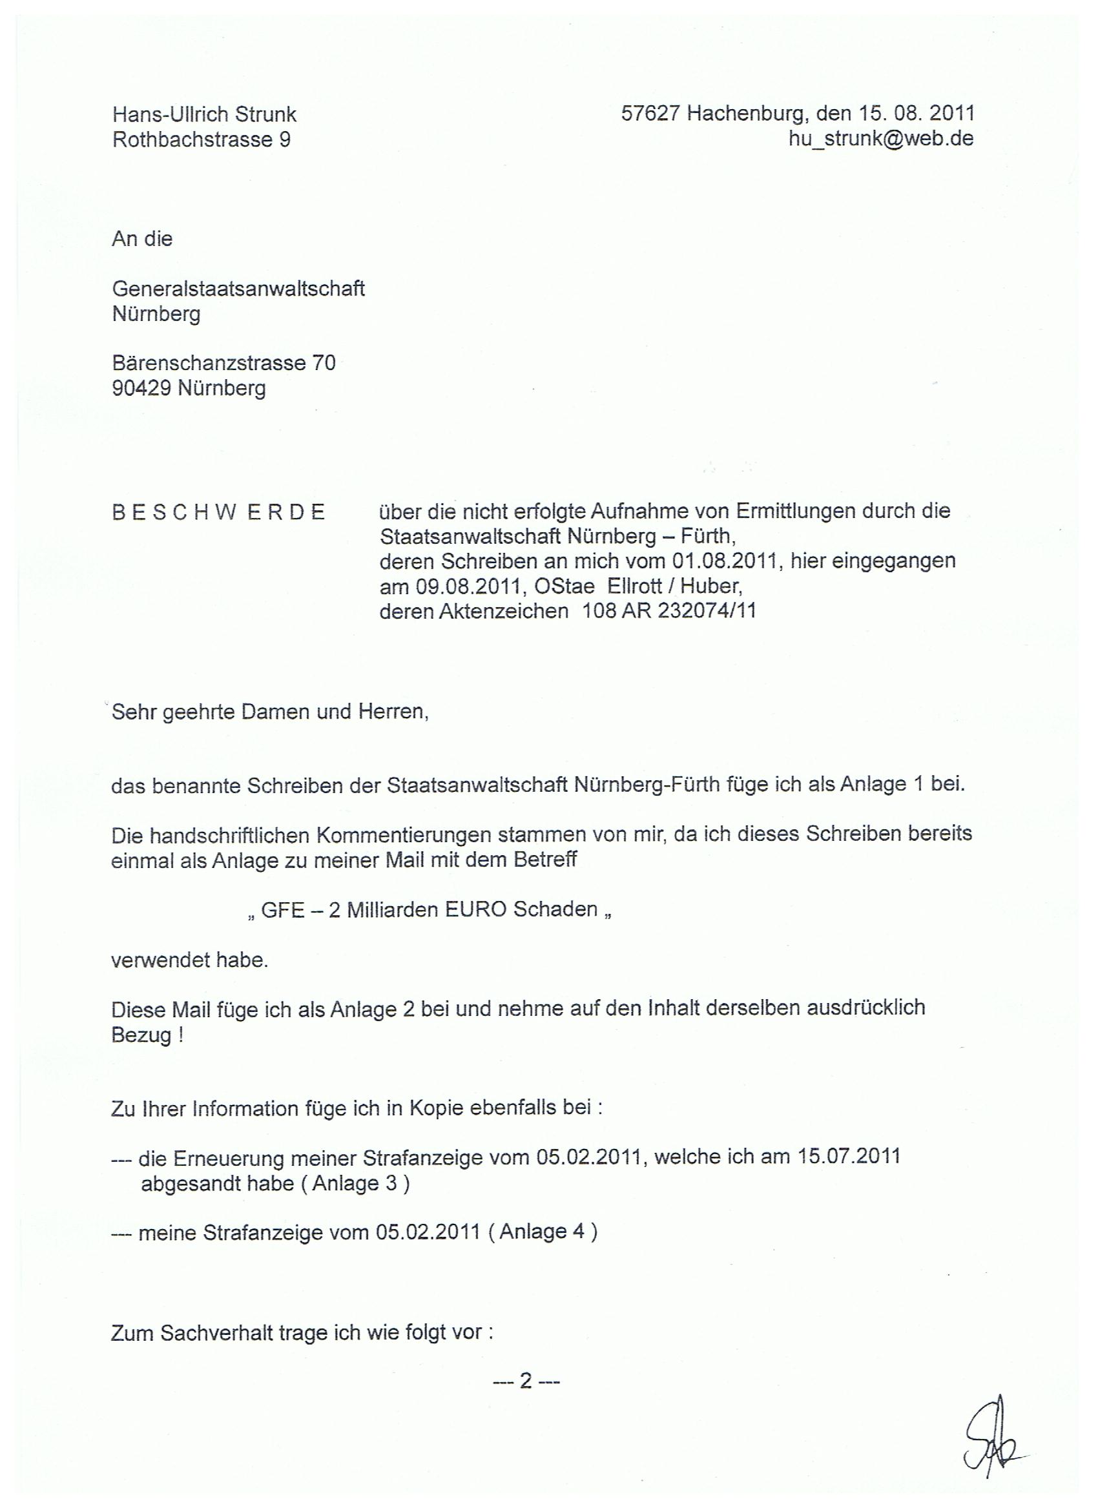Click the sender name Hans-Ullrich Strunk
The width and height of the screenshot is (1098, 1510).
204,114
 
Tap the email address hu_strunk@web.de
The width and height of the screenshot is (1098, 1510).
880,138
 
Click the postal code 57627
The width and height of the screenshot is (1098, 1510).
650,113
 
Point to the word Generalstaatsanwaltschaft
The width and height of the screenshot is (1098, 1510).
238,288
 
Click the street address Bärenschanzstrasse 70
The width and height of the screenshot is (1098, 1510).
223,363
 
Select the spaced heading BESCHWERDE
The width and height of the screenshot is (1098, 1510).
218,512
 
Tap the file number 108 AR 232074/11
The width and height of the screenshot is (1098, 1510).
669,610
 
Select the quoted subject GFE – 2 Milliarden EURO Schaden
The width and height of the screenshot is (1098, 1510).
430,909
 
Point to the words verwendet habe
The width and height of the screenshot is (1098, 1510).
190,961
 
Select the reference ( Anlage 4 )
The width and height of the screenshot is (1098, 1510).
542,1232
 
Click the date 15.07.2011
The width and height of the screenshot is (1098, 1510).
849,1156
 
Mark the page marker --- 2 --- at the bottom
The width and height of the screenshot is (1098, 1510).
526,1382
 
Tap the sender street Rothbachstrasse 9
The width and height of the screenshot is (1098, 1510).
201,139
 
